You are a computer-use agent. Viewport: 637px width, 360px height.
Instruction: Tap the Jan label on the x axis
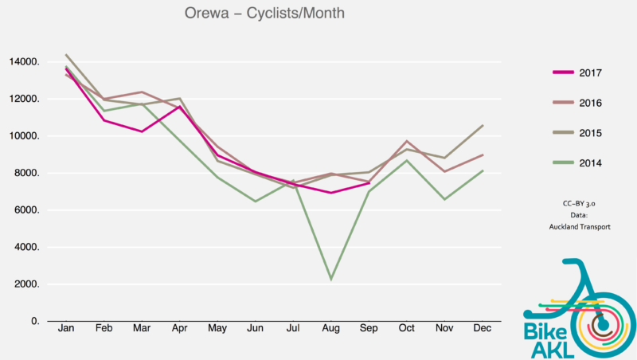[x=66, y=329]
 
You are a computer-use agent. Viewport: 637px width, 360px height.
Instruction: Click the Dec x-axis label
[x=482, y=329]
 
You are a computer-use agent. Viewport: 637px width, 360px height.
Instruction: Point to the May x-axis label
[x=217, y=329]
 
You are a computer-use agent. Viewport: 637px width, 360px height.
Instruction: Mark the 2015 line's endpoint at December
[x=483, y=125]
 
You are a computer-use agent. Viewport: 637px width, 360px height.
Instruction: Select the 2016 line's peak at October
[x=406, y=141]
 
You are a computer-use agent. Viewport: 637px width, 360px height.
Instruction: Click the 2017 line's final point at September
[x=369, y=183]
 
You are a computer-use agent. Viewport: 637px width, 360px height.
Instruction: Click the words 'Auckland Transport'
[x=580, y=226]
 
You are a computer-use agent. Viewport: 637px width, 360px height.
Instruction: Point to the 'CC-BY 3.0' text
[x=580, y=204]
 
